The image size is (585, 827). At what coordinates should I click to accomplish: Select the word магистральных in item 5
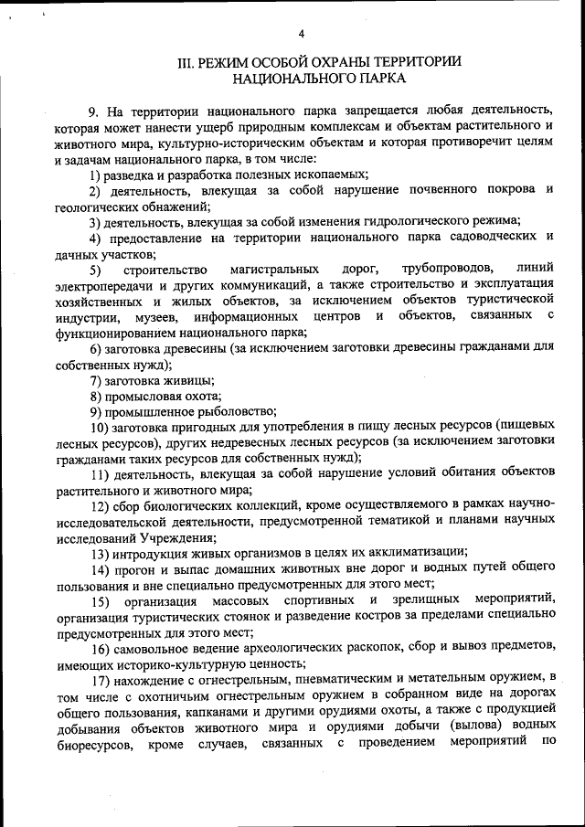click(x=274, y=270)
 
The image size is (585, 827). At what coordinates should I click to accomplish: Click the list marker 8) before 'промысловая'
click(x=95, y=397)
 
